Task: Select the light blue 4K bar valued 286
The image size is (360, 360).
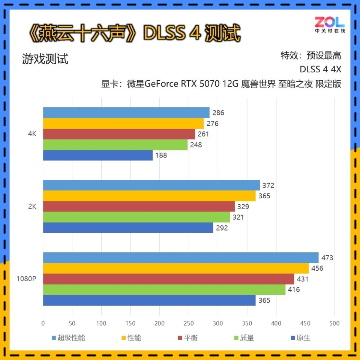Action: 126,112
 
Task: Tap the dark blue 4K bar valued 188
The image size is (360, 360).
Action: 97,155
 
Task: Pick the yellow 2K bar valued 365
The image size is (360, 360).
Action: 149,196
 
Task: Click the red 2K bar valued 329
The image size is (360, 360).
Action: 139,207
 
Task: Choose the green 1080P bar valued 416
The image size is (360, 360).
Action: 164,289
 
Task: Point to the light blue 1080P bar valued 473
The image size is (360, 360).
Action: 180,258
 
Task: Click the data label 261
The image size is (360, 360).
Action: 203,134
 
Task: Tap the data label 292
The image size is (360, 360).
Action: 222,228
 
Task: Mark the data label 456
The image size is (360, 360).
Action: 317,268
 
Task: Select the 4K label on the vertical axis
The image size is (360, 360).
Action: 32,134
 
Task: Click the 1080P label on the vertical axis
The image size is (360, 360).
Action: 26,279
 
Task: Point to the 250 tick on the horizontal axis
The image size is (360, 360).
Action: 189,323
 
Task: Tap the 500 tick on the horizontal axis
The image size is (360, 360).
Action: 334,323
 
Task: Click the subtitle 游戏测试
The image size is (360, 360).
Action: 45,59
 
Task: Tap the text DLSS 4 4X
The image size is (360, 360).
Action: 320,70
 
